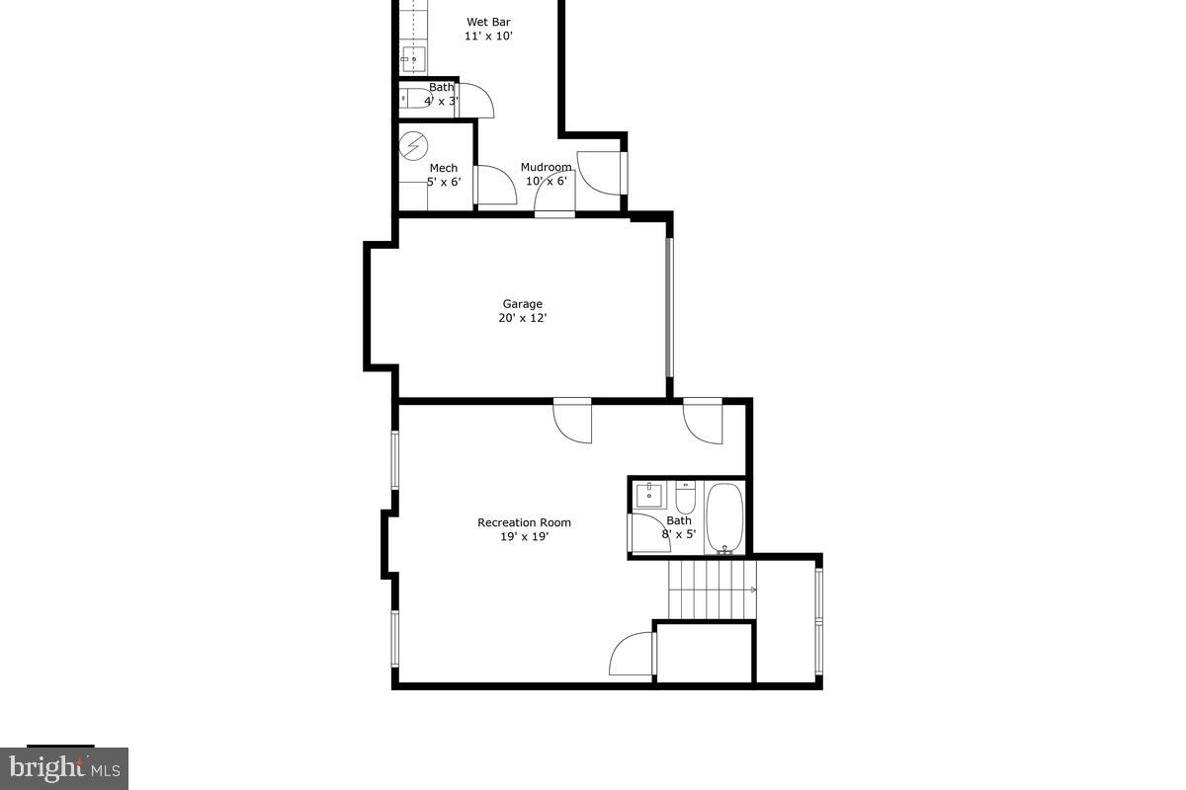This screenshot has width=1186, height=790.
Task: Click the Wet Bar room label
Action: (488, 22)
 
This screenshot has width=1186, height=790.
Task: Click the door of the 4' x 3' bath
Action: (474, 100)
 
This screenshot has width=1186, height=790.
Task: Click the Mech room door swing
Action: (494, 185)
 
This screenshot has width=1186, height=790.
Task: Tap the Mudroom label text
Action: (546, 167)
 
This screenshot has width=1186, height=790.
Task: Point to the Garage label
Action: (522, 304)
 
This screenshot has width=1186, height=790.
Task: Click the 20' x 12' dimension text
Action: (522, 318)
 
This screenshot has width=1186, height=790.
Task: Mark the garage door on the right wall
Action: (669, 307)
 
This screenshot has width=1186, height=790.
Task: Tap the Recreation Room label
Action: (524, 522)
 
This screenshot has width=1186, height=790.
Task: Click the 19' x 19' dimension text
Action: (524, 537)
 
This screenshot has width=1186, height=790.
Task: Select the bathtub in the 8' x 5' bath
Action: (724, 516)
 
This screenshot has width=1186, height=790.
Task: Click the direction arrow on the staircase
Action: (753, 591)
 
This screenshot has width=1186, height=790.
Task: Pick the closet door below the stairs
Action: (633, 654)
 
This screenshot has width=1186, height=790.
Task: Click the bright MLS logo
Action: (63, 767)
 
